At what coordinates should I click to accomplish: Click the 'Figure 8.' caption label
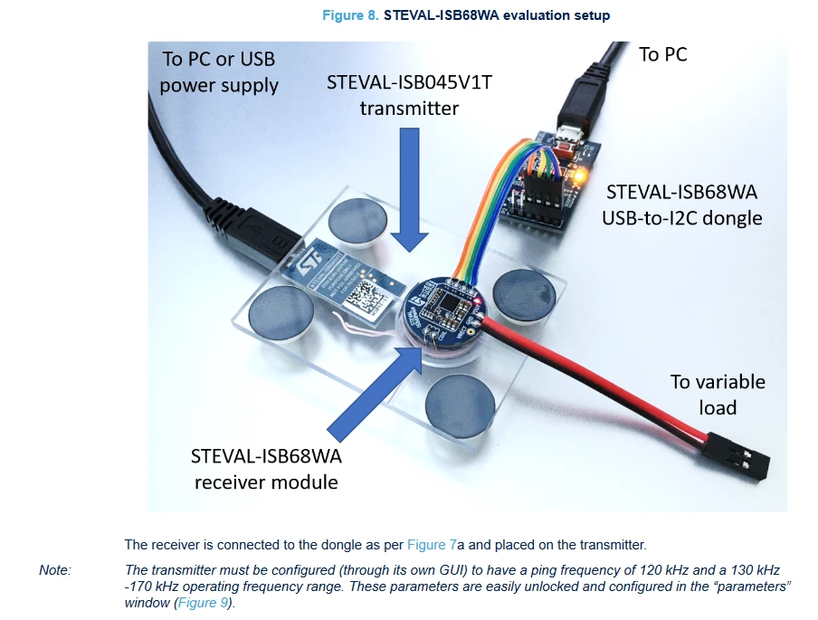click(350, 15)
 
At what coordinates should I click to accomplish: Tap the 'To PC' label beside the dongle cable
click(663, 54)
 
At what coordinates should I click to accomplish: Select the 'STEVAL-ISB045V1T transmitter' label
click(410, 95)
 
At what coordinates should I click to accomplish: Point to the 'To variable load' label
click(718, 395)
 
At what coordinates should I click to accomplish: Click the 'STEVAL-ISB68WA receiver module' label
click(266, 469)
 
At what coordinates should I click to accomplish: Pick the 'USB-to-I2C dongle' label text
click(682, 217)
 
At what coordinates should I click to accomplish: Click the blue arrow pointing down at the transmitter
click(410, 190)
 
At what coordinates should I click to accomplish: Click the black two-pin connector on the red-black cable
click(737, 455)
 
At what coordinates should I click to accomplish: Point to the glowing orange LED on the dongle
click(578, 176)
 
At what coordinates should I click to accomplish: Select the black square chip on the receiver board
click(450, 302)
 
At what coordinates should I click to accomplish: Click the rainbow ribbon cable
click(499, 209)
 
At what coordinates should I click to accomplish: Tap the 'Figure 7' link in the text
click(432, 545)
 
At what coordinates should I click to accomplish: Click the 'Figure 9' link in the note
click(203, 603)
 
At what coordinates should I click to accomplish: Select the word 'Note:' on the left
click(55, 570)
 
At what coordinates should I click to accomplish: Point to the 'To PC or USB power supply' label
click(219, 72)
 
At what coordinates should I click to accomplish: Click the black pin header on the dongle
click(544, 199)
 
